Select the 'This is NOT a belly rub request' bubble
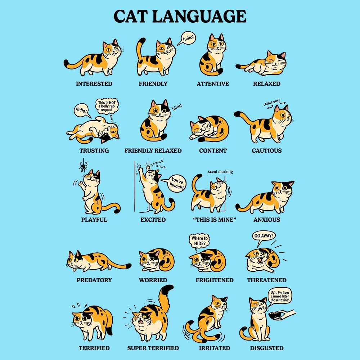107,106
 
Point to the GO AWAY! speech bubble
264,237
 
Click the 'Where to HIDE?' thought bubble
199,241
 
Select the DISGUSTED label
266,348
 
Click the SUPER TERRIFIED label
153,348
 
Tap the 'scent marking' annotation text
220,171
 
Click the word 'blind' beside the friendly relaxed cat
177,107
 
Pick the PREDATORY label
94,280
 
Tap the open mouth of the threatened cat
260,260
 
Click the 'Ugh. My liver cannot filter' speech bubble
280,296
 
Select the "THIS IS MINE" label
215,220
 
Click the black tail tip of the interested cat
66,63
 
